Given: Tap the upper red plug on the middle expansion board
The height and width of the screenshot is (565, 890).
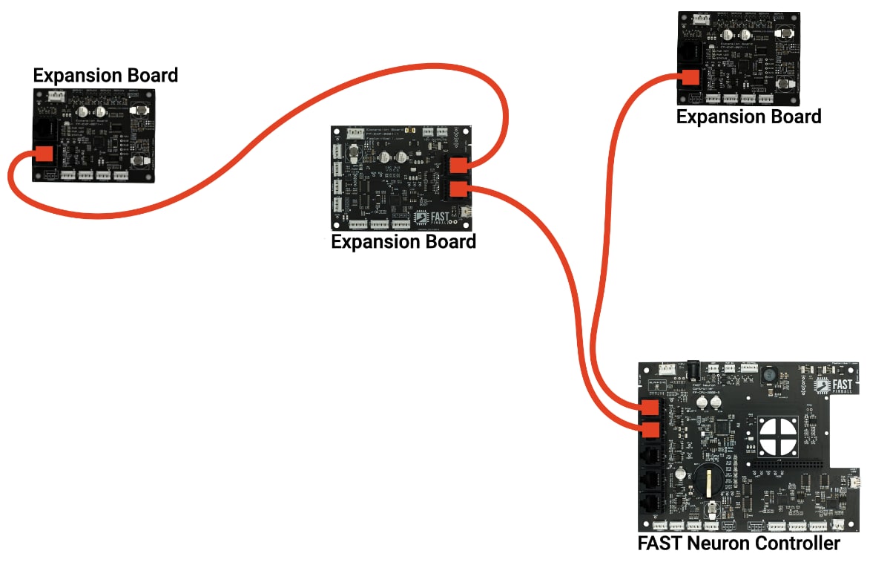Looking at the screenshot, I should click(x=459, y=165).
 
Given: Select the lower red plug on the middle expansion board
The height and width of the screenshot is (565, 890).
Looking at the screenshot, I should click(x=459, y=189).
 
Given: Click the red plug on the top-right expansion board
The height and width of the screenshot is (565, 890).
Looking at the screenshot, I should click(x=690, y=78).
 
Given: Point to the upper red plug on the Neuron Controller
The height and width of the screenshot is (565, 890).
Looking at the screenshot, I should click(x=650, y=407).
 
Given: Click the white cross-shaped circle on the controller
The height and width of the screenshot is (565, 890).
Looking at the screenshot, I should click(x=777, y=435).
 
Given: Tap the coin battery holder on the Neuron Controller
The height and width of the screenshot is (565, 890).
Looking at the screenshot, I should click(x=710, y=480).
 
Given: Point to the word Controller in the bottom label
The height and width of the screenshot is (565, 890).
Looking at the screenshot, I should click(x=797, y=543).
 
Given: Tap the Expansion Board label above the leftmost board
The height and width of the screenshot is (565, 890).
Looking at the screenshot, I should click(x=105, y=76).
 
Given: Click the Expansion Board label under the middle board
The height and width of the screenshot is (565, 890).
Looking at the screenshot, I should click(x=403, y=242).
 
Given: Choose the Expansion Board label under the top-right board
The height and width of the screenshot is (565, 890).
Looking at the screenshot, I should click(x=749, y=117).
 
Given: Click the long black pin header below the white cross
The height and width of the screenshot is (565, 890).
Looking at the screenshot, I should click(x=787, y=464).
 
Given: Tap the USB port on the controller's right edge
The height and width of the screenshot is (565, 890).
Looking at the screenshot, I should click(x=854, y=482).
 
